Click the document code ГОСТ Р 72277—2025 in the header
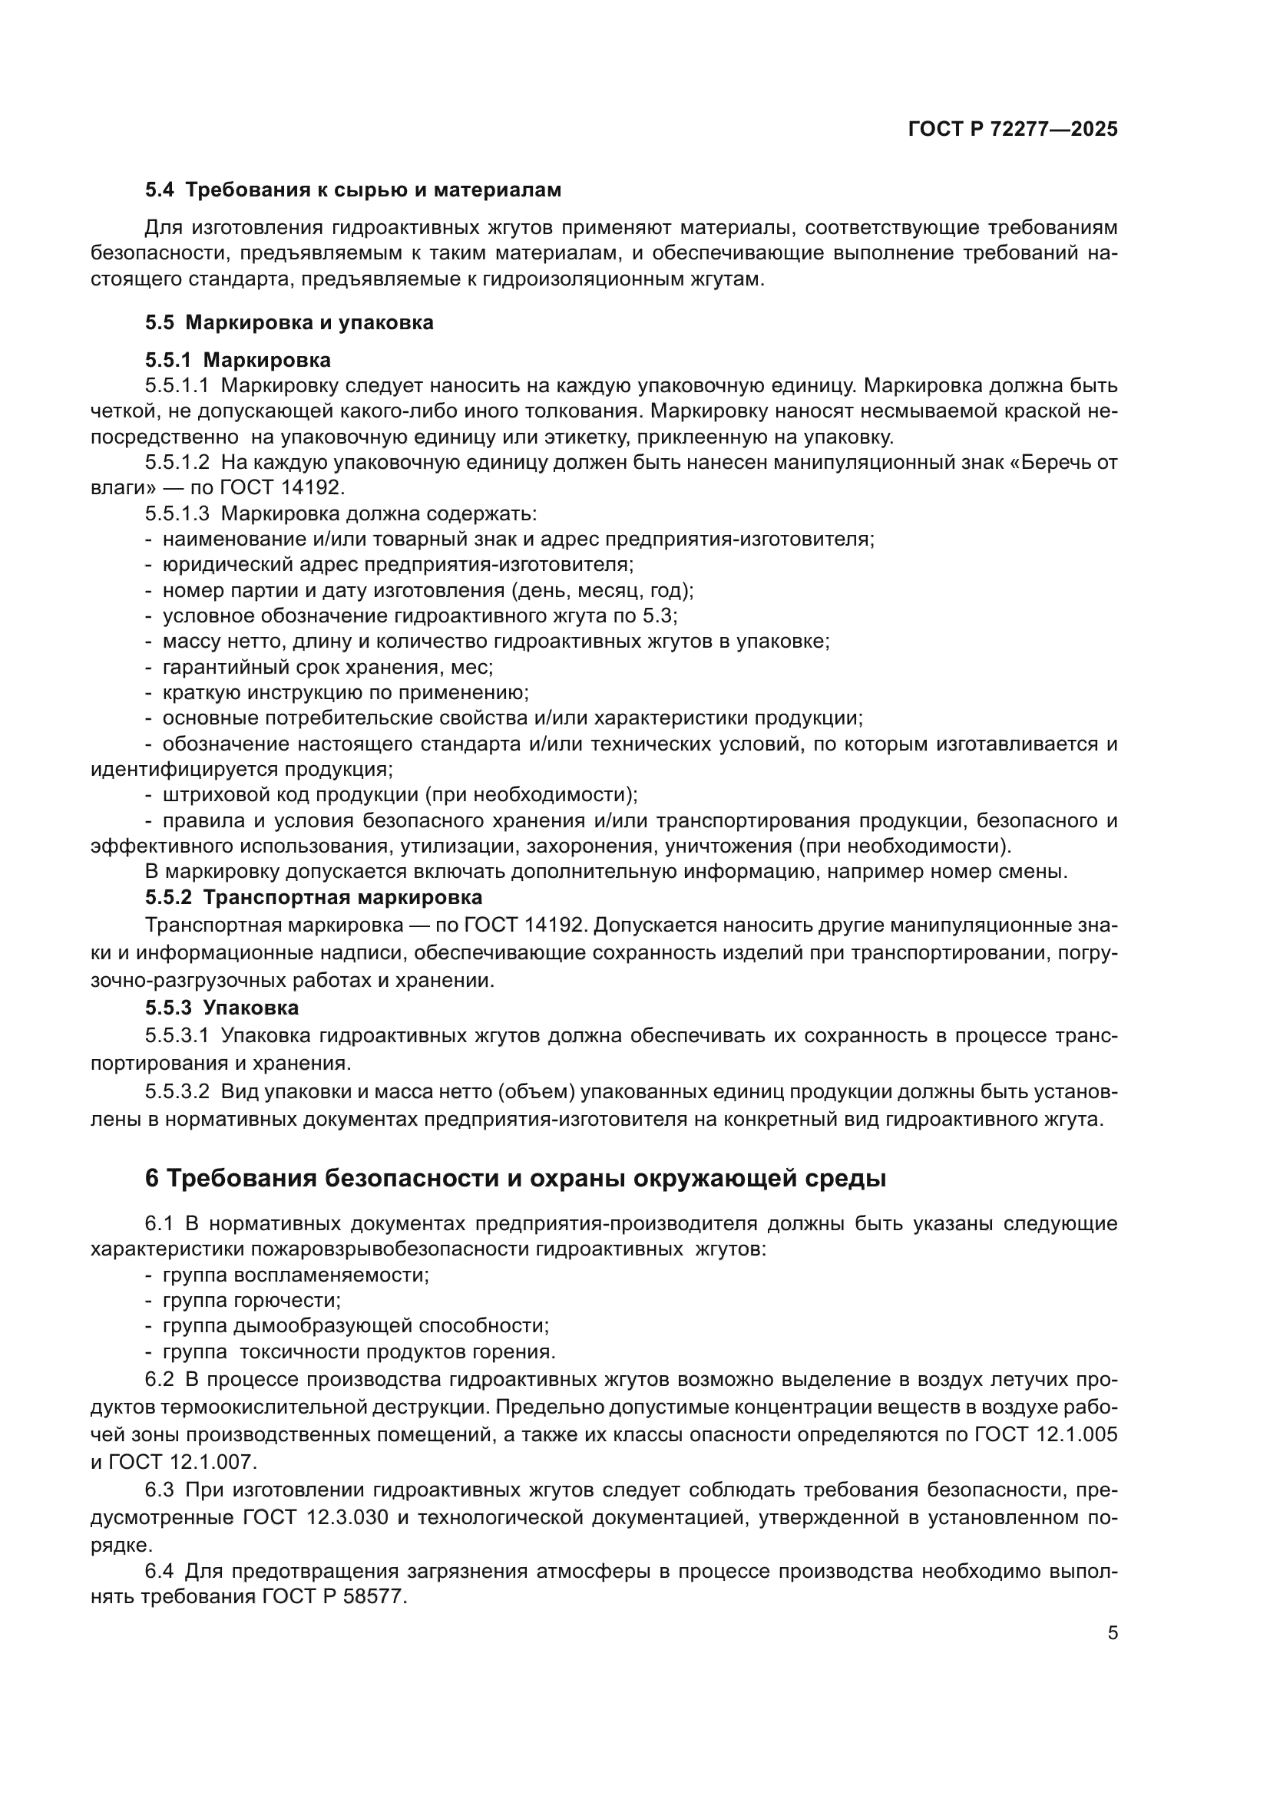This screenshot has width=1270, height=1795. [x=1013, y=130]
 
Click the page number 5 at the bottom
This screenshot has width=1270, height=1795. [x=1112, y=1632]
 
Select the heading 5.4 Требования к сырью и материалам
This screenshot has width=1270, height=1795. [x=352, y=190]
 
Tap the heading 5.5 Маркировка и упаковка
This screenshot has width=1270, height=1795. [x=289, y=322]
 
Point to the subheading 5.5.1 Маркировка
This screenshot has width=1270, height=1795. [x=238, y=360]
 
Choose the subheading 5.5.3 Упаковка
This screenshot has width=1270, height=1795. [x=221, y=1008]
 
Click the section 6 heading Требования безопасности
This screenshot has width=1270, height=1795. [x=515, y=1178]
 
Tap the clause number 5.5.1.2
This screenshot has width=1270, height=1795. [x=177, y=462]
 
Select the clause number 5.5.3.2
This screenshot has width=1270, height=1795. [x=177, y=1091]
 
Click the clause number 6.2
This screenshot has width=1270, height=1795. [x=161, y=1380]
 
